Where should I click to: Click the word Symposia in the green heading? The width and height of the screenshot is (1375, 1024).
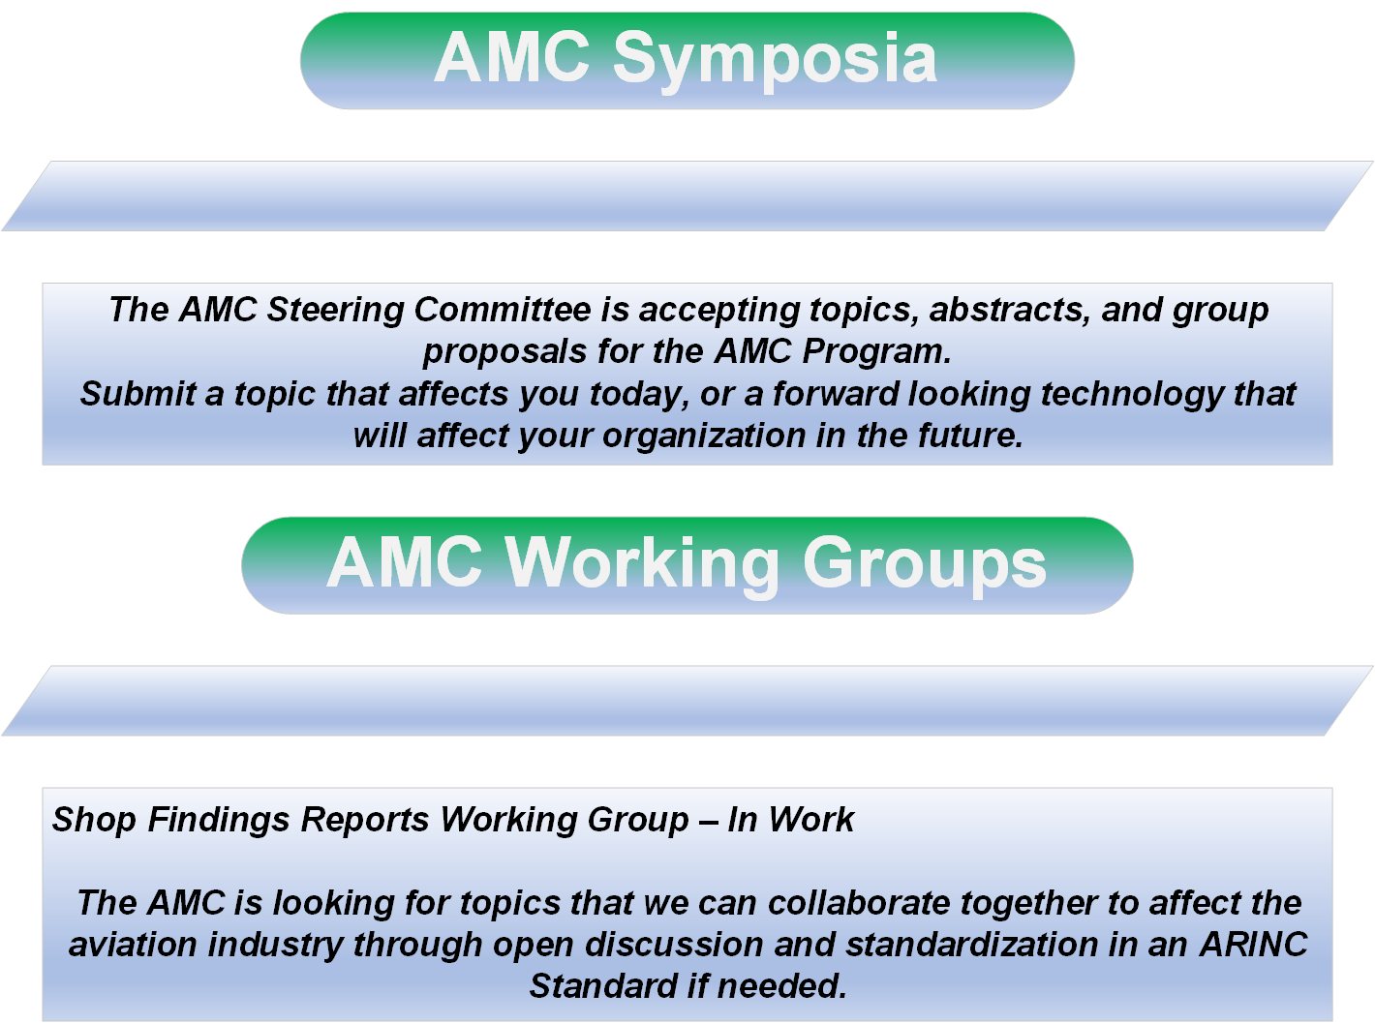775,60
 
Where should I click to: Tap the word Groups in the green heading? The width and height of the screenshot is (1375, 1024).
925,564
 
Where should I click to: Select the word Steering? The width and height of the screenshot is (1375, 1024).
335,311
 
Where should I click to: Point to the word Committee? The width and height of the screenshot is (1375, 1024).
503,309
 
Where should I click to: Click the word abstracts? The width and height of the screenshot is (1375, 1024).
1010,310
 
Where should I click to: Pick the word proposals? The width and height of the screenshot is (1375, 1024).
504,352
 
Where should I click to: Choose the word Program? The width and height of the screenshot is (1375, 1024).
876,352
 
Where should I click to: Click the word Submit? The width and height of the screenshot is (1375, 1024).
137,394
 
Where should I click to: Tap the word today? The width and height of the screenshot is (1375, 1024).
640,395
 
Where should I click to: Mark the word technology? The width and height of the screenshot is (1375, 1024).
1132,395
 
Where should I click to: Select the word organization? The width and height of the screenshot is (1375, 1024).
704,437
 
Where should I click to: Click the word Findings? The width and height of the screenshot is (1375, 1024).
219,820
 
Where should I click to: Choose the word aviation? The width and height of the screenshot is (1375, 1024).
133,946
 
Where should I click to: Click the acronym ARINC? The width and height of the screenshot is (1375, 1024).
1254,946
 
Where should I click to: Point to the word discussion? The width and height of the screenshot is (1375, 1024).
674,946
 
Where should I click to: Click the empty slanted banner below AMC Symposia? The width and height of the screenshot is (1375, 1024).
687,196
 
